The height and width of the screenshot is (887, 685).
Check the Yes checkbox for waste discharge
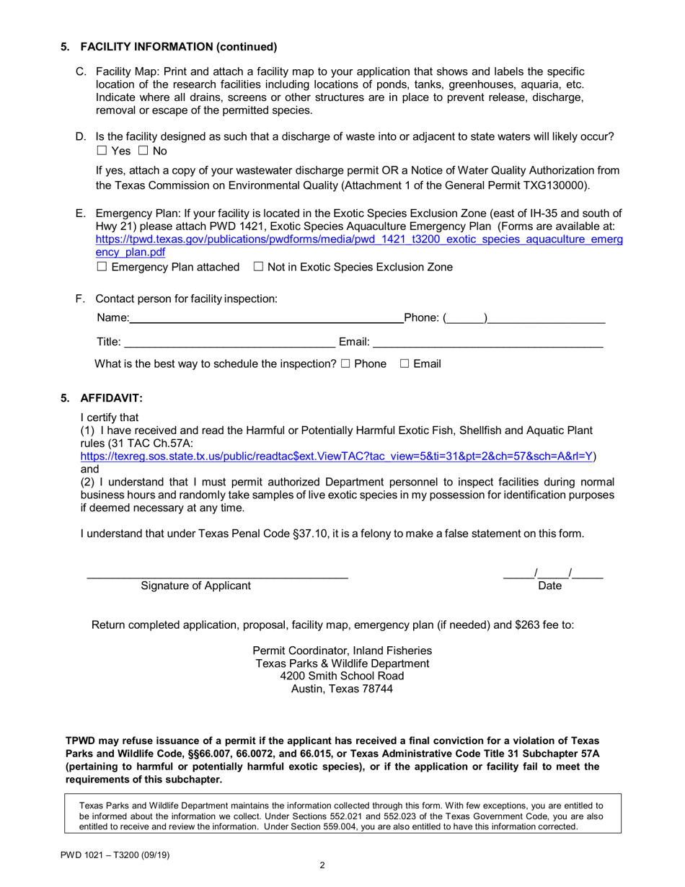(x=101, y=151)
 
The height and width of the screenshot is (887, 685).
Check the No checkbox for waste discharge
(x=143, y=151)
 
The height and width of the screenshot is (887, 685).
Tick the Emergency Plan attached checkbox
(x=101, y=267)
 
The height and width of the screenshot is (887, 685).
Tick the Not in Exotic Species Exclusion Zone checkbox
(x=258, y=267)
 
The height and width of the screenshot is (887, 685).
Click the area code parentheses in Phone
(x=466, y=317)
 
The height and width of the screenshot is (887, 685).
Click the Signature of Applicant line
(x=217, y=575)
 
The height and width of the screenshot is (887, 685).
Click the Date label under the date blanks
(x=549, y=586)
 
